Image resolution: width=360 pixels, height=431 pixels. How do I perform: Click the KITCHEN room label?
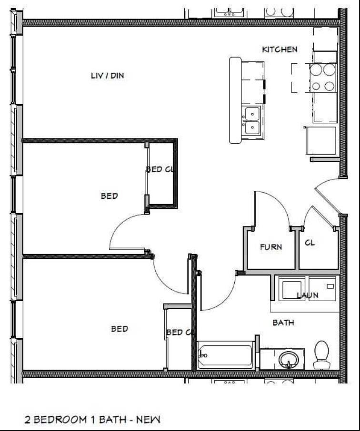point(280,49)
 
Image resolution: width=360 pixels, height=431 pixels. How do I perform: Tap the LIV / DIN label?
point(108,75)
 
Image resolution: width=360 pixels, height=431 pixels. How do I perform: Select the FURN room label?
point(270,247)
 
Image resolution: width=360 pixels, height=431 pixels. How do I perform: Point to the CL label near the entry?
point(310,243)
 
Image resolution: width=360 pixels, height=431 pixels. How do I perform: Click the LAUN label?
point(308,295)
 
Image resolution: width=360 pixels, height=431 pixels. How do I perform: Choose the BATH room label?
point(283,323)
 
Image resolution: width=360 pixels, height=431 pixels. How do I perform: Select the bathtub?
point(224,356)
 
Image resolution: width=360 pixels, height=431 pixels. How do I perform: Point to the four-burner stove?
point(323,78)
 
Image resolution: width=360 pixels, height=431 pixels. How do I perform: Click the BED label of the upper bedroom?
point(109,196)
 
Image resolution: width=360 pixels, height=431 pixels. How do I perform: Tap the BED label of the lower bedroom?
point(120,329)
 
